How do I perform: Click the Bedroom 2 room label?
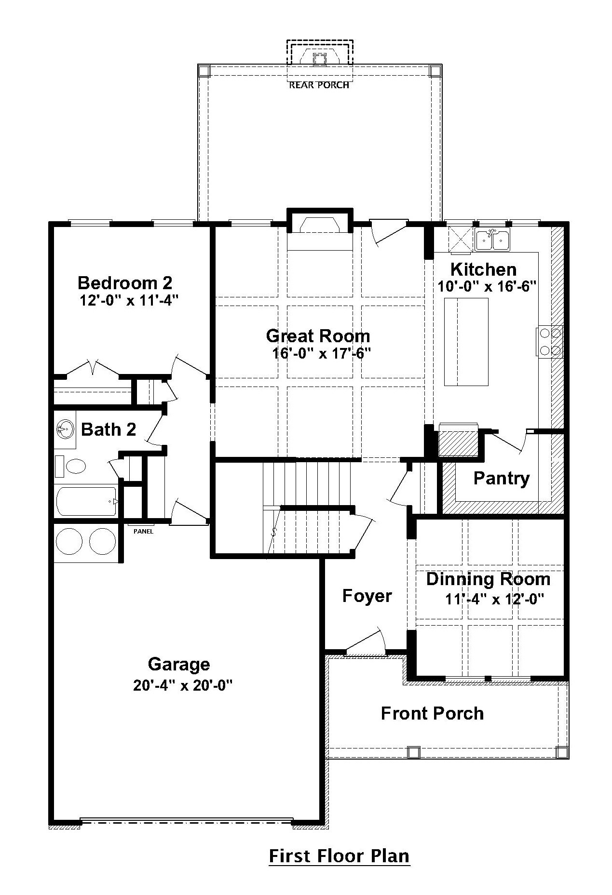click(x=125, y=282)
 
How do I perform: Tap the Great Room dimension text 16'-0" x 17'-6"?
click(x=321, y=354)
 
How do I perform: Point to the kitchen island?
click(x=466, y=342)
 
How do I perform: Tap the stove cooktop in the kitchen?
click(x=549, y=341)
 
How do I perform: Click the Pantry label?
click(x=502, y=478)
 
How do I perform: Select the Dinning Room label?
click(x=488, y=579)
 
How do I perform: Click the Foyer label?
click(x=367, y=596)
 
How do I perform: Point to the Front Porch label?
click(x=432, y=713)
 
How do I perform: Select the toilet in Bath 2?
click(x=70, y=466)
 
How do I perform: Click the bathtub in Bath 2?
click(x=87, y=501)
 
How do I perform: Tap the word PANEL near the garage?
click(x=144, y=532)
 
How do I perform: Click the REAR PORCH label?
click(x=319, y=85)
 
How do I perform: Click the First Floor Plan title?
click(x=339, y=856)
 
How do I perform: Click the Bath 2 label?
click(x=109, y=429)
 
